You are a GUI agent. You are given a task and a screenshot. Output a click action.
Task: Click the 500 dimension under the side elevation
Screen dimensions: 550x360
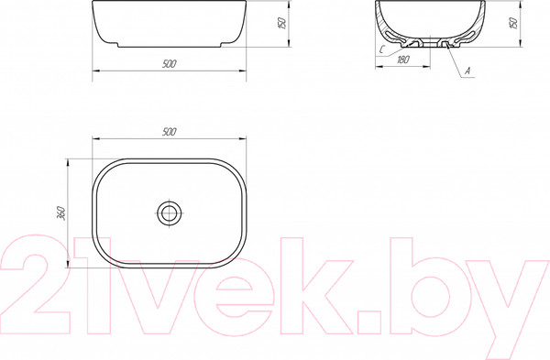[x=170, y=64]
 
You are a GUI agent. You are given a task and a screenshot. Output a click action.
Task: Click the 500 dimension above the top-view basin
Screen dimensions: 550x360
[x=170, y=132]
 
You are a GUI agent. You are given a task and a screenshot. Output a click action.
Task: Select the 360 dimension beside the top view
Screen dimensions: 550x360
[x=61, y=213]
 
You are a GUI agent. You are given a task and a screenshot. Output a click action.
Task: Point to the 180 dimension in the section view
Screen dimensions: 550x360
[x=403, y=60]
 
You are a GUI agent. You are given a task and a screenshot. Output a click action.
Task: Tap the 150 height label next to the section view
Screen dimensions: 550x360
[x=513, y=23]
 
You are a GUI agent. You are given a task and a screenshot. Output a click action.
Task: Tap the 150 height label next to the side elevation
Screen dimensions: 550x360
[x=282, y=23]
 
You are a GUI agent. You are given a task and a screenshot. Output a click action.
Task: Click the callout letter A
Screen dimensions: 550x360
[x=467, y=71]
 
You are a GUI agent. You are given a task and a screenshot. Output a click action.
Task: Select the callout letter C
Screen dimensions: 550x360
[x=382, y=49]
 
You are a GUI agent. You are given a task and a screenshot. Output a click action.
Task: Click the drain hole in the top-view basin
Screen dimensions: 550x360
[x=170, y=213]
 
